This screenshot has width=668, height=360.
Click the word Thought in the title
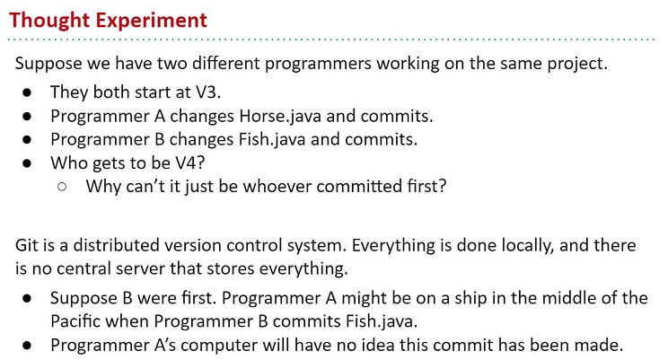click(x=48, y=21)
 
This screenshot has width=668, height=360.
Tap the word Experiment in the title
click(x=151, y=21)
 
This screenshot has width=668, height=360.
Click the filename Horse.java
click(x=280, y=116)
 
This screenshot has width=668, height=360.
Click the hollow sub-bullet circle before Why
click(x=62, y=187)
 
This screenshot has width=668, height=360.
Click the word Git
click(x=26, y=245)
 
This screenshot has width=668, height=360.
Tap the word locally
click(x=528, y=246)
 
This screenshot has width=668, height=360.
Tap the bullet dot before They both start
click(x=27, y=92)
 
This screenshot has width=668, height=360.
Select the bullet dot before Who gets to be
click(x=27, y=163)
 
